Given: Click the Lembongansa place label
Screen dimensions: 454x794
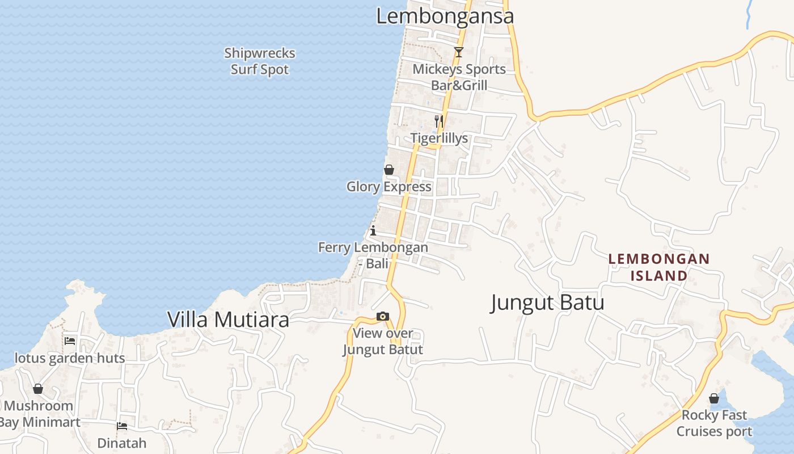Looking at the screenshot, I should click(x=445, y=16).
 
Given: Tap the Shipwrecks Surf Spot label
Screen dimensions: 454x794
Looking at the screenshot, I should click(x=260, y=61).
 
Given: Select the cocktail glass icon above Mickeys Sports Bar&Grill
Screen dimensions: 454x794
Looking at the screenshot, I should click(x=458, y=52).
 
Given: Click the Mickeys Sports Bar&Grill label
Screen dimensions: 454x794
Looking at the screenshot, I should click(x=459, y=77).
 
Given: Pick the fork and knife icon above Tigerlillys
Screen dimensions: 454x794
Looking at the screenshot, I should click(x=438, y=121).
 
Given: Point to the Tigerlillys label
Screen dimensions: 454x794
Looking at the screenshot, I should click(x=440, y=138).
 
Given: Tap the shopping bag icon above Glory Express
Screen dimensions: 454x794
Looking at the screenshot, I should click(x=389, y=170).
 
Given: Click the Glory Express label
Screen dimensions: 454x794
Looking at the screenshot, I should click(x=389, y=187).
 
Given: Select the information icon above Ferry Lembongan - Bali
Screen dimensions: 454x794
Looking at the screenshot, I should click(x=373, y=230).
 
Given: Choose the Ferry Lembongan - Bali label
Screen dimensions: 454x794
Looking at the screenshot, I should click(x=373, y=255).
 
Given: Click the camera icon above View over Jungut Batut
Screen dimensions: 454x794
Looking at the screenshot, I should click(x=383, y=317).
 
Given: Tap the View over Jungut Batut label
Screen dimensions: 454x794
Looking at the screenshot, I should click(x=383, y=341).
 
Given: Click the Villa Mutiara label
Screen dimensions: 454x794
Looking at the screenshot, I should click(x=228, y=320).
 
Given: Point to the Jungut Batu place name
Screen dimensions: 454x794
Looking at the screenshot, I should click(x=547, y=302).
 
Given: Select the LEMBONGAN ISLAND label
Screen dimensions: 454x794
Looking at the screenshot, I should click(x=659, y=267).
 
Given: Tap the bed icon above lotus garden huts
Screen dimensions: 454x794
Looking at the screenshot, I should click(x=70, y=341).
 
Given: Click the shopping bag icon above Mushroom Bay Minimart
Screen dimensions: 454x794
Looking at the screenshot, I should click(x=38, y=389).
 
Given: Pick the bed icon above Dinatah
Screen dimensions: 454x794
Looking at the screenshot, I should click(x=122, y=426).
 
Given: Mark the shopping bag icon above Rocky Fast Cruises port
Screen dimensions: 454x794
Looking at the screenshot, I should click(x=714, y=398).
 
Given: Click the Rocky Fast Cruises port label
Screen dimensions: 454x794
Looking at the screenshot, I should click(x=714, y=423).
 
